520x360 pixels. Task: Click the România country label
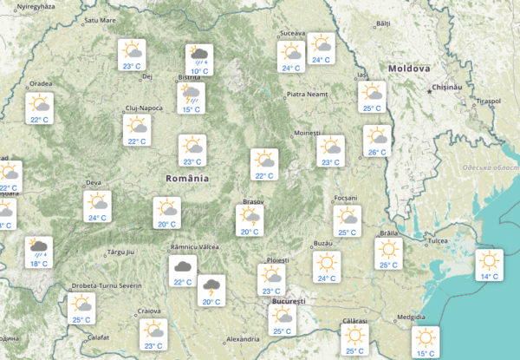[187, 178]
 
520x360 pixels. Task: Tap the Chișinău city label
[448, 88]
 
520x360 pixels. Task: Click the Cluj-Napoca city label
[144, 108]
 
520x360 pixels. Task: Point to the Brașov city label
[252, 201]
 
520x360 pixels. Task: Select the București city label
[289, 301]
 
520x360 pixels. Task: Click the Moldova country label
[409, 68]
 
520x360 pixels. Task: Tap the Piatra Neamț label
[309, 94]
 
